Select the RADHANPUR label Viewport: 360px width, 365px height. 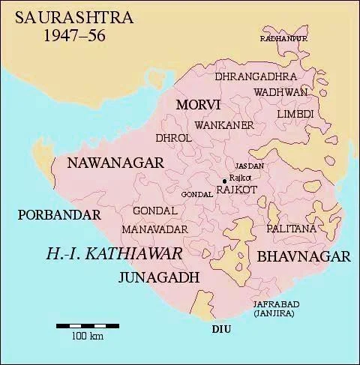click(x=283, y=37)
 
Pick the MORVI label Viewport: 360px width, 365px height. click(x=197, y=105)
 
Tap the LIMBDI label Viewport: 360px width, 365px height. click(x=295, y=113)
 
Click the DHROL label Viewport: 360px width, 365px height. click(x=169, y=138)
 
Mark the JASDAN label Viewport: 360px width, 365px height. click(x=250, y=165)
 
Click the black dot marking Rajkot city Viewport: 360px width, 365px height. click(x=224, y=180)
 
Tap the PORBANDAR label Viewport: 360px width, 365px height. click(x=58, y=215)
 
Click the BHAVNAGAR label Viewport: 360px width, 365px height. click(x=304, y=257)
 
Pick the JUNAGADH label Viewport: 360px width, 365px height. click(x=158, y=277)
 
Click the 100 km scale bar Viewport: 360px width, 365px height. click(x=87, y=326)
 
